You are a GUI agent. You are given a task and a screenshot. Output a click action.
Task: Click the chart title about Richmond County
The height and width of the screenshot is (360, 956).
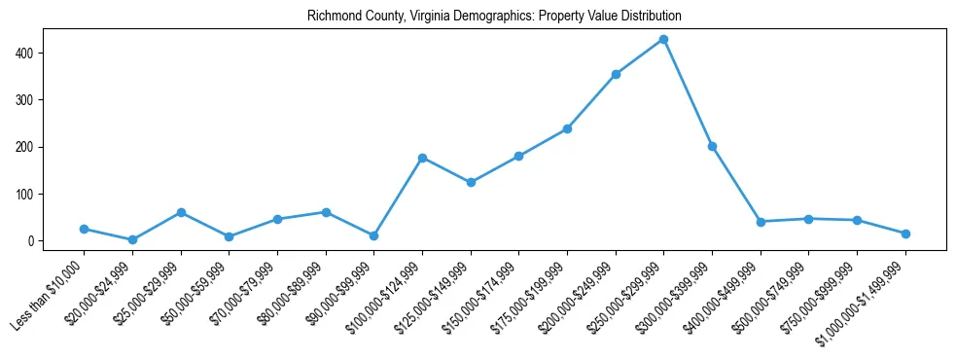pyautogui.click(x=494, y=17)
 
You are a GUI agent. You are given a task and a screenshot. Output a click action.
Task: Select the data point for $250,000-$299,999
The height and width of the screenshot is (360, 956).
pyautogui.click(x=663, y=39)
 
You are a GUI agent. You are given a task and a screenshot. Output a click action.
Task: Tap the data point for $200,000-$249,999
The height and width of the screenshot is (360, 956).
pyautogui.click(x=616, y=74)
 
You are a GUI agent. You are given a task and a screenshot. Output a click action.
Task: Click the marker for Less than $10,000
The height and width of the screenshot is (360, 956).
pyautogui.click(x=84, y=229)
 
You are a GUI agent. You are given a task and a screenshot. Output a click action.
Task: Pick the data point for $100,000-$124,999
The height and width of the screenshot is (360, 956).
pyautogui.click(x=422, y=158)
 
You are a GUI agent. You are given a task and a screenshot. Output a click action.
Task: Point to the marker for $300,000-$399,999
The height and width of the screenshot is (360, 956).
pyautogui.click(x=712, y=146)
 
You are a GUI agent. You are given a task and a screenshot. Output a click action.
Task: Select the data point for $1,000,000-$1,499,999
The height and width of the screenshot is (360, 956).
pyautogui.click(x=905, y=234)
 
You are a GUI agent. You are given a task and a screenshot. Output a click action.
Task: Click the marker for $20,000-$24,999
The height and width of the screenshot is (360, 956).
pyautogui.click(x=132, y=239)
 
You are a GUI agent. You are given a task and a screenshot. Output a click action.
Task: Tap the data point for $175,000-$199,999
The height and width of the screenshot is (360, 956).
pyautogui.click(x=567, y=128)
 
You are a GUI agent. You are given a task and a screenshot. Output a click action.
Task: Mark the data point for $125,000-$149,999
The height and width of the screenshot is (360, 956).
pyautogui.click(x=471, y=182)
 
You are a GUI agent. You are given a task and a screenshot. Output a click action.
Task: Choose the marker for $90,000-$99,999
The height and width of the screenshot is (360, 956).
pyautogui.click(x=373, y=235)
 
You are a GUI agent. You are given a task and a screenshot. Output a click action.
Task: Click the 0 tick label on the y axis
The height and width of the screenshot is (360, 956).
pyautogui.click(x=32, y=241)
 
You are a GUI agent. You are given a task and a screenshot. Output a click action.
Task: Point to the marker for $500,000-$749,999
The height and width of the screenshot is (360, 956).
pyautogui.click(x=809, y=219)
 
